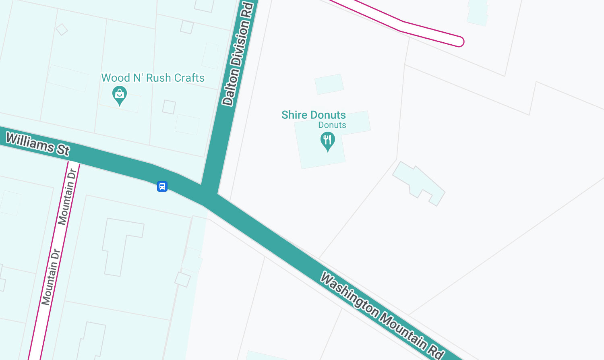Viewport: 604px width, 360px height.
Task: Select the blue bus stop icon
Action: (x=162, y=186)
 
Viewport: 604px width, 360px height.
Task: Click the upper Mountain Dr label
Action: (x=67, y=197)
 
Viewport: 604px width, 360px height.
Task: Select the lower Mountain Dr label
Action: (x=51, y=277)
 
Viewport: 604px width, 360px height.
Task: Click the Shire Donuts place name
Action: (x=313, y=115)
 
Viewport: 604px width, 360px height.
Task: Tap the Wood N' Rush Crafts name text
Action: (x=153, y=78)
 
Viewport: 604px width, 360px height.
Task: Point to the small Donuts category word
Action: (x=332, y=125)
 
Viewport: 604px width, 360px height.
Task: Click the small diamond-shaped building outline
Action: (x=62, y=29)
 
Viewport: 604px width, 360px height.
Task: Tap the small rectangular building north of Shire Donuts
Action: (x=329, y=84)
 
